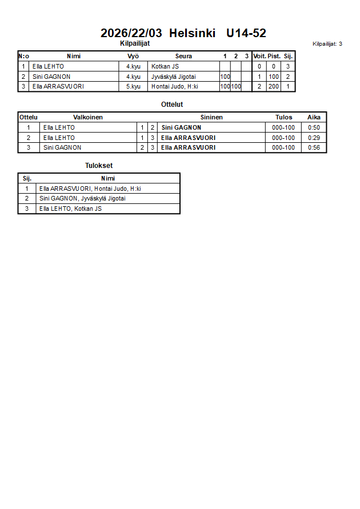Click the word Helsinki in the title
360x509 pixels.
tap(192, 33)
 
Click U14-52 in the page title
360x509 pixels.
tap(246, 33)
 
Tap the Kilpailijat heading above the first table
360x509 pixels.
tap(135, 43)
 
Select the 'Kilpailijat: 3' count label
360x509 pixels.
tap(327, 43)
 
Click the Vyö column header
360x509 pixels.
tap(133, 56)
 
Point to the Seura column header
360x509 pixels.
tap(183, 56)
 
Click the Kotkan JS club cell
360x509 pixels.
tap(165, 66)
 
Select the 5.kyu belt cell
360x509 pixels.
tap(133, 87)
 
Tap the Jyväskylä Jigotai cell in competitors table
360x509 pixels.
tap(173, 77)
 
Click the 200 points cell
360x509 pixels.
tap(274, 87)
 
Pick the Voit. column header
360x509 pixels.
tap(259, 56)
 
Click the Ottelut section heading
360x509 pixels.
tap(172, 105)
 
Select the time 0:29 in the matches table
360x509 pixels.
tap(314, 138)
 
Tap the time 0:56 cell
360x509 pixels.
tap(314, 147)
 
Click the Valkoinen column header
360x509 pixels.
tap(88, 117)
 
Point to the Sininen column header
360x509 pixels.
tap(211, 117)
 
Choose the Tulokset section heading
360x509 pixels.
tap(99, 166)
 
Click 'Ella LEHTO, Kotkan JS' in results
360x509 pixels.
tap(70, 209)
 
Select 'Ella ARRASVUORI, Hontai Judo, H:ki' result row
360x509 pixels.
tap(90, 189)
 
